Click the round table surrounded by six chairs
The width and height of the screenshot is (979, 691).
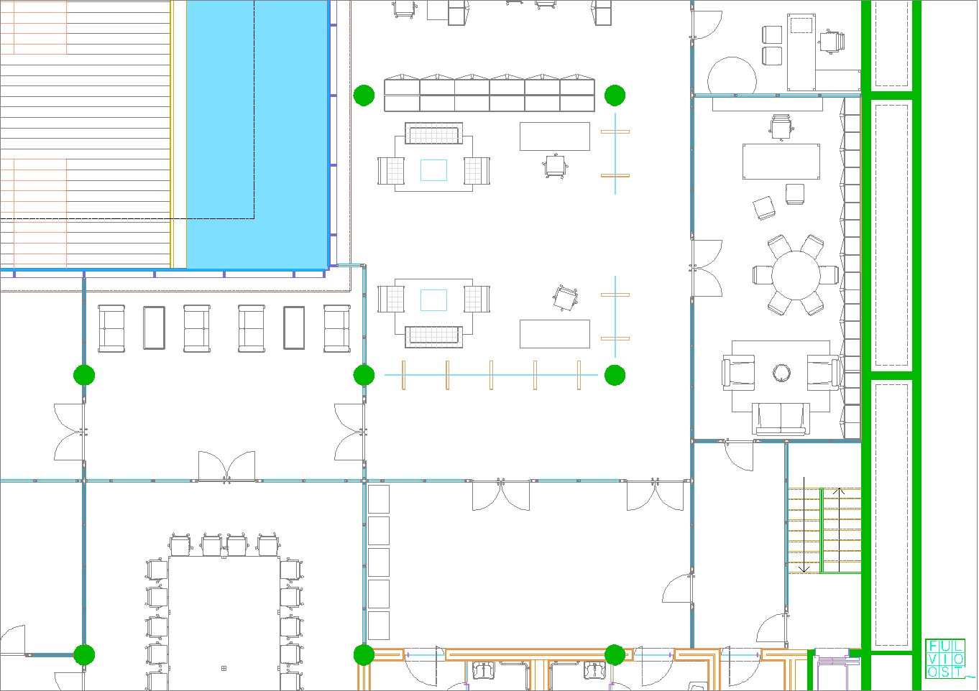tap(796, 275)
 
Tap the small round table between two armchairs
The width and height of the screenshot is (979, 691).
tap(781, 373)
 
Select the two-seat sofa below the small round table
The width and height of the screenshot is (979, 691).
tap(781, 419)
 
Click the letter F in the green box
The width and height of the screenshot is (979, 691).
tap(933, 646)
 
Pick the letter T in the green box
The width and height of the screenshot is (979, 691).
tap(958, 672)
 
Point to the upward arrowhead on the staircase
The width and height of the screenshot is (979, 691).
tap(839, 492)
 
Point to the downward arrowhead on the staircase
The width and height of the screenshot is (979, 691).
tap(804, 569)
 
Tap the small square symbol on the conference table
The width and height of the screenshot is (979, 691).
tap(224, 668)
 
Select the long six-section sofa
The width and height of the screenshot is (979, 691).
tap(489, 93)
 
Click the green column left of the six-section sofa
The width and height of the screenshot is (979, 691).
tap(364, 96)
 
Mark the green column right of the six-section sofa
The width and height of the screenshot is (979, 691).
tap(615, 96)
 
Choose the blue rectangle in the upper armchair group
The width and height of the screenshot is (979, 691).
tap(433, 170)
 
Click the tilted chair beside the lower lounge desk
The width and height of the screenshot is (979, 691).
tap(565, 298)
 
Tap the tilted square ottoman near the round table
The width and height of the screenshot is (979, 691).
tap(764, 208)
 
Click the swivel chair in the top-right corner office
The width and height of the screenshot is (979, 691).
tap(832, 42)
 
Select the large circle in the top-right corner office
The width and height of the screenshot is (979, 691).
tap(732, 75)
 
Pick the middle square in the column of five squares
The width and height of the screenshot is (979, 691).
tap(379, 562)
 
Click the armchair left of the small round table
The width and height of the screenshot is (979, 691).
tap(738, 372)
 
